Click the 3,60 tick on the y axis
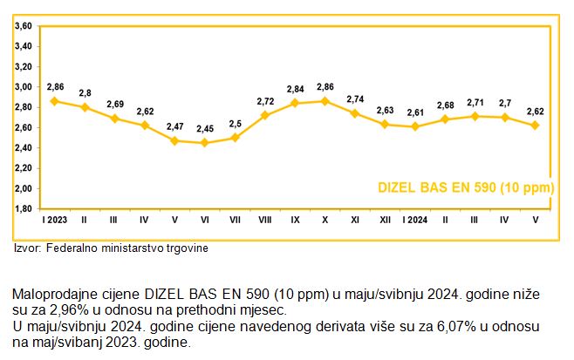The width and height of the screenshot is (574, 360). click(23, 26)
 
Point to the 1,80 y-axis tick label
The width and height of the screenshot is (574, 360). click(23, 208)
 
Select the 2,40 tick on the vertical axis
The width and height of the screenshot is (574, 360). click(23, 147)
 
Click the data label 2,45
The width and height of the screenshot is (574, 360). click(204, 129)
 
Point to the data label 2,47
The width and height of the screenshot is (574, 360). click(174, 127)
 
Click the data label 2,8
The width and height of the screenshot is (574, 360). click(85, 93)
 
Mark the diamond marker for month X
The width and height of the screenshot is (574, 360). click(325, 101)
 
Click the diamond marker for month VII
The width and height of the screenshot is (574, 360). click(235, 138)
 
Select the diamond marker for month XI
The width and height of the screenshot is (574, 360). click(355, 113)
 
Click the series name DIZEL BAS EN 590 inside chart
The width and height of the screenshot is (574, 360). click(466, 187)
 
